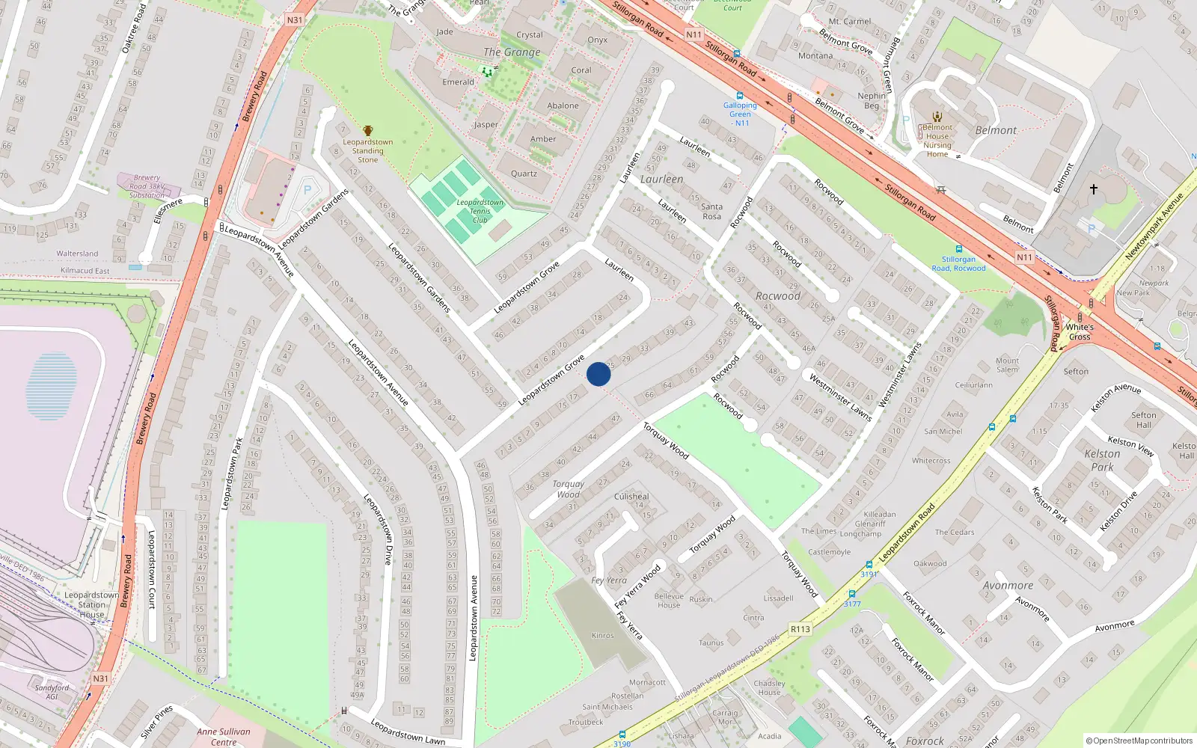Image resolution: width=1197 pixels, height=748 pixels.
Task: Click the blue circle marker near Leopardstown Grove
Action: [598, 374]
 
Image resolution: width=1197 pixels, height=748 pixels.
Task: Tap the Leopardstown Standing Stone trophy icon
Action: [367, 132]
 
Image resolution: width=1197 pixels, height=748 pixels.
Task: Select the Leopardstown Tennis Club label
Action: [480, 211]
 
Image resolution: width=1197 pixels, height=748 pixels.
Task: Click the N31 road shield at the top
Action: [295, 20]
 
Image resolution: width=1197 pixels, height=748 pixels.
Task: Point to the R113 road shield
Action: [800, 629]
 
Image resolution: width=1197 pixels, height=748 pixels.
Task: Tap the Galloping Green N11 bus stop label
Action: [740, 114]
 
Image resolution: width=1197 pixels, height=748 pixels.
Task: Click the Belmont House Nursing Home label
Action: [937, 141]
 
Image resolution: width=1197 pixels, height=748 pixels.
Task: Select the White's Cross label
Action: [1080, 332]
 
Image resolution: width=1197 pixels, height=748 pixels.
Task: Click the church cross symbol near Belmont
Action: [1093, 189]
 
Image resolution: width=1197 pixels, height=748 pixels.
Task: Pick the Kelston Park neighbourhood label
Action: [1102, 460]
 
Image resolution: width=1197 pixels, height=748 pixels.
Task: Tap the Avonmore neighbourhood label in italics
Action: [1008, 586]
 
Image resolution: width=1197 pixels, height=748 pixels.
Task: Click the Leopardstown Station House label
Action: [91, 604]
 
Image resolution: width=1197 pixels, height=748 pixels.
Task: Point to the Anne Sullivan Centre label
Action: [224, 737]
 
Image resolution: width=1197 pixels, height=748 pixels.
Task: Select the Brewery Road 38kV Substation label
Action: [147, 187]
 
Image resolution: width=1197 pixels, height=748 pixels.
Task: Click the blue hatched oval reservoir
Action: [51, 386]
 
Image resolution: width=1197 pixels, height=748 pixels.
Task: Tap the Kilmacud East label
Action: [85, 271]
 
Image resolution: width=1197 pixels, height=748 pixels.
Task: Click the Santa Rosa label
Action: [711, 212]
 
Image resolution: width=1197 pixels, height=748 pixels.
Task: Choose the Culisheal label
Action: [631, 497]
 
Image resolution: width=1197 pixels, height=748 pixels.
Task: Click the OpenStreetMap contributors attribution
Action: [1139, 741]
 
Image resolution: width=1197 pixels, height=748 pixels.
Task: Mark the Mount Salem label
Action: [1007, 365]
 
